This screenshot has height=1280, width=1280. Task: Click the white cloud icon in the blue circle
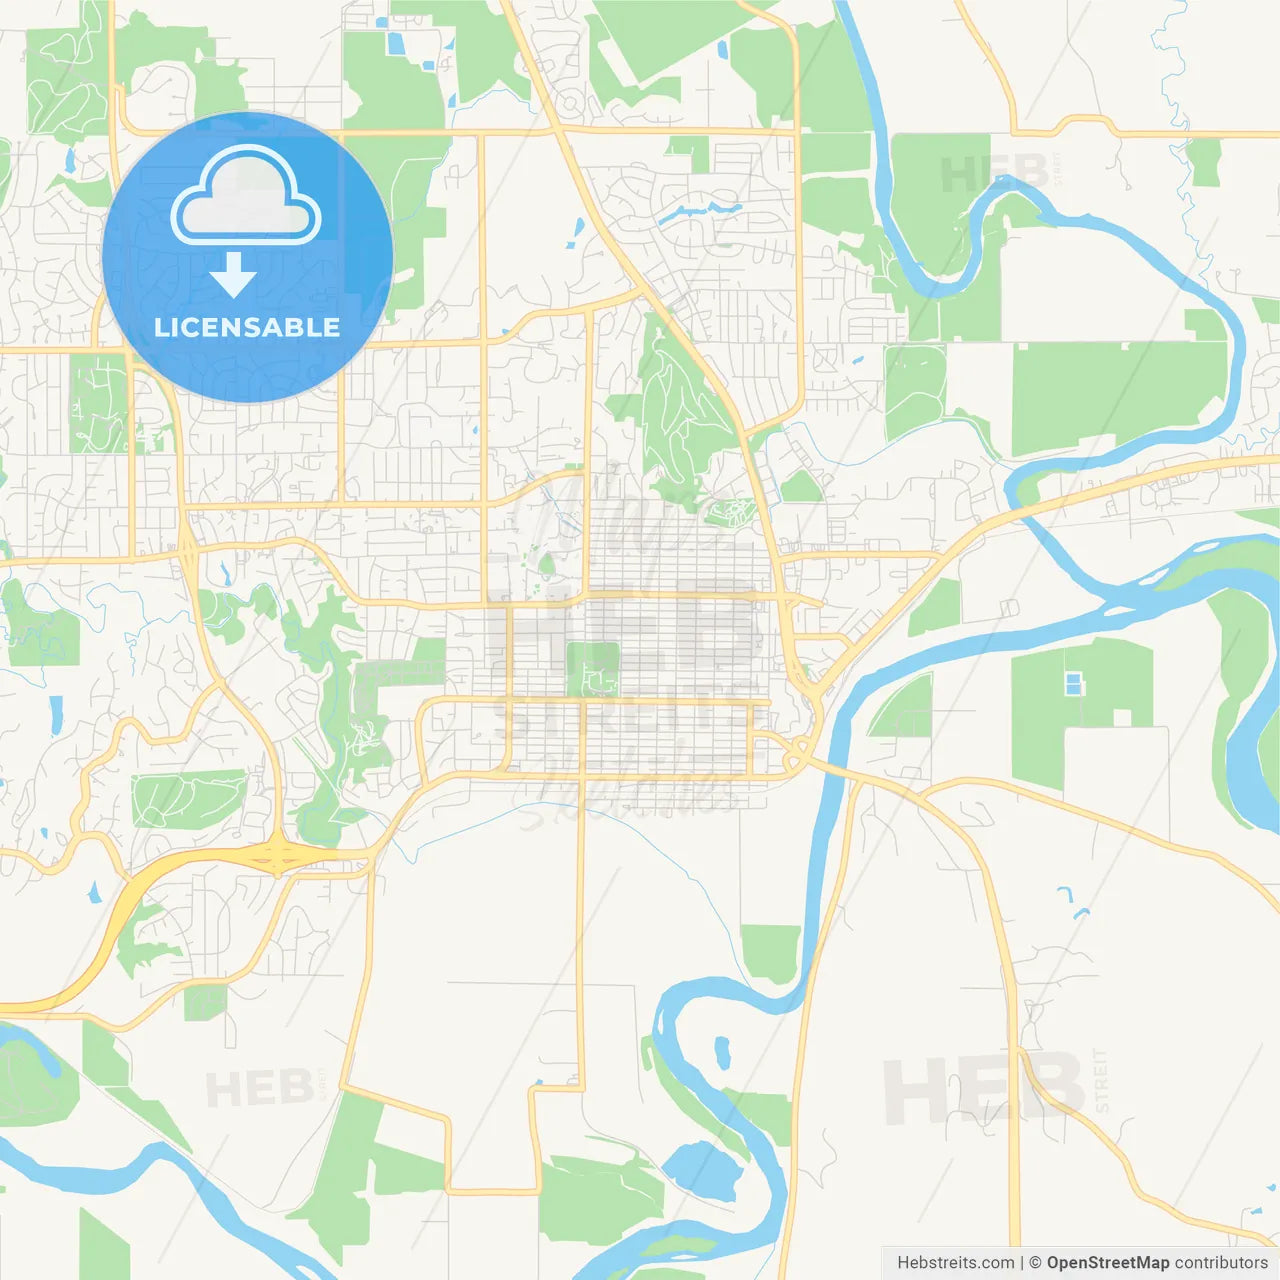[x=246, y=197]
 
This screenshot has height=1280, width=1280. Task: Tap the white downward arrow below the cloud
[x=233, y=275]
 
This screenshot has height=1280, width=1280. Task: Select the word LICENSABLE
[x=247, y=327]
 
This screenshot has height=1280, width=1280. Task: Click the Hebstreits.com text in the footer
[x=955, y=1263]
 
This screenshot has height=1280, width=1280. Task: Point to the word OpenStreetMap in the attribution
[x=1107, y=1263]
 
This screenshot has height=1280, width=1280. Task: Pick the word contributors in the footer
[x=1221, y=1263]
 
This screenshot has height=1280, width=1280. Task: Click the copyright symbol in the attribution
[x=1035, y=1263]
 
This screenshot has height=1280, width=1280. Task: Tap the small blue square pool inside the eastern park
[x=1073, y=684]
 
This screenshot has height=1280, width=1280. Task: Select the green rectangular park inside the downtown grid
[x=592, y=669]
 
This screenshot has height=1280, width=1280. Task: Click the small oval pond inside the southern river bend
[x=722, y=1052]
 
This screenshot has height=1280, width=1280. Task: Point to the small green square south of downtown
[x=771, y=952]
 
